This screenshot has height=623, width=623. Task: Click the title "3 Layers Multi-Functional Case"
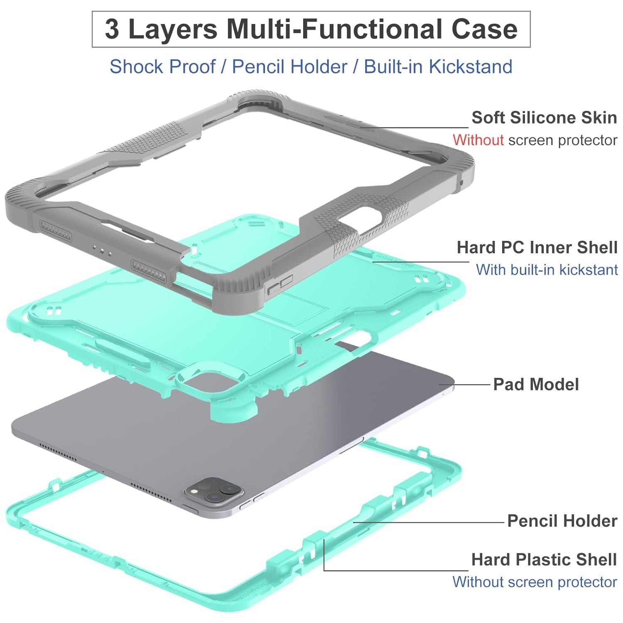tap(311, 29)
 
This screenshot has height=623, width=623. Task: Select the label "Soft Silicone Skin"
tap(544, 118)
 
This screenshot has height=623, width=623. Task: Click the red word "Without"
tap(478, 140)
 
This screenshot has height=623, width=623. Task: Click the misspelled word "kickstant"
tap(589, 270)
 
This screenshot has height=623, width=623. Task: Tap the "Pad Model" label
tap(536, 384)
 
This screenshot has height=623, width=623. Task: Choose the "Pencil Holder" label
tap(562, 520)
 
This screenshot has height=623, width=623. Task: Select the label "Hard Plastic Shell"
tap(544, 559)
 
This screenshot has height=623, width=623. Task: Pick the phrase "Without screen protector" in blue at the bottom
tap(535, 582)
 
